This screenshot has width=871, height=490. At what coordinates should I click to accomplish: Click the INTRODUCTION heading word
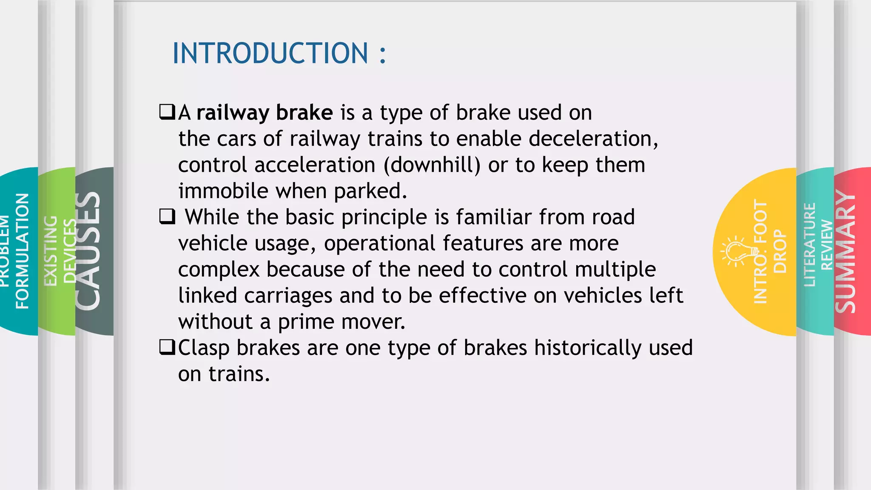[270, 54]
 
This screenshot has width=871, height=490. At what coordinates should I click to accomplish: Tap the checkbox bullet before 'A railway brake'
[167, 112]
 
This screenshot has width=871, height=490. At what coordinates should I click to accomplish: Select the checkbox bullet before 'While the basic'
[167, 217]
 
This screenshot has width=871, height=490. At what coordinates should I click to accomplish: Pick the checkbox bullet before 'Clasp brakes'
[167, 348]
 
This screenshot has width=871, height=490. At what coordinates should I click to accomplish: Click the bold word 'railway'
[233, 113]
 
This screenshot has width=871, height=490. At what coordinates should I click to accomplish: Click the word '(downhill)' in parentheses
[432, 165]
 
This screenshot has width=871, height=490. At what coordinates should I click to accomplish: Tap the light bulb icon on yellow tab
[737, 251]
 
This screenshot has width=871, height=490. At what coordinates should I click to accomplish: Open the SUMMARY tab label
[845, 251]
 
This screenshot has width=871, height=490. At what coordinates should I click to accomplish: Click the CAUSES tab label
[88, 251]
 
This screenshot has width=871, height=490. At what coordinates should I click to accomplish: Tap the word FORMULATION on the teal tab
[22, 251]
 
